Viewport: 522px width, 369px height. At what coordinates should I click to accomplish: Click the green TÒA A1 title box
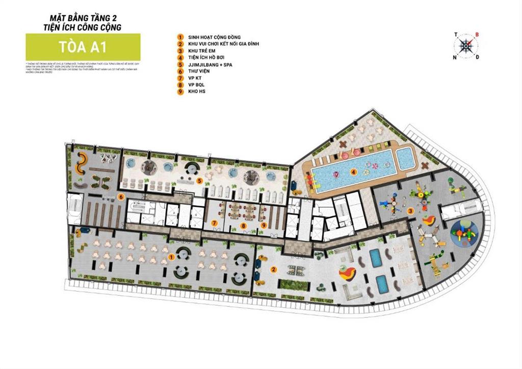pyautogui.click(x=83, y=47)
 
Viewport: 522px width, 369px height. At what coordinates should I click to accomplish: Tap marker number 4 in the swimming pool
pyautogui.click(x=353, y=172)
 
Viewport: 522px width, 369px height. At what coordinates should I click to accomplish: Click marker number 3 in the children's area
pyautogui.click(x=410, y=211)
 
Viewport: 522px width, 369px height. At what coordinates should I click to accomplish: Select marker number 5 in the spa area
pyautogui.click(x=200, y=181)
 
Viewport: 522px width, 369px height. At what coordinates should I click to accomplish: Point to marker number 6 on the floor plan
pyautogui.click(x=120, y=196)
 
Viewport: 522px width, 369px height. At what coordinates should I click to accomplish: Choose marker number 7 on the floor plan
pyautogui.click(x=215, y=224)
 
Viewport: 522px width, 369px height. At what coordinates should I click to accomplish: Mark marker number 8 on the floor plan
pyautogui.click(x=244, y=225)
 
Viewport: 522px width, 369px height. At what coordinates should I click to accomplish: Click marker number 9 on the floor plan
pyautogui.click(x=264, y=224)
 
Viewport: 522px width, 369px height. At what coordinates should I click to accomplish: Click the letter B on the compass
pyautogui.click(x=477, y=35)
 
